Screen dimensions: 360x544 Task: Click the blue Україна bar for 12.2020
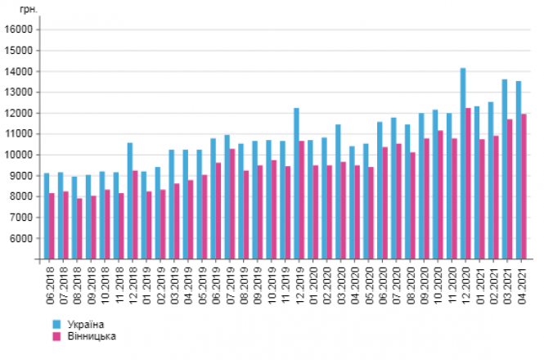463,164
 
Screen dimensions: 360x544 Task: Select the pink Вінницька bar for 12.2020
469,183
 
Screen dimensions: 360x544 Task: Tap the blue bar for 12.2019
296,183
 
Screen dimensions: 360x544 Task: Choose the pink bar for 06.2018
52,226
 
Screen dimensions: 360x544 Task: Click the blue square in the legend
56,325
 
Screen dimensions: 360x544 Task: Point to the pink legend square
56,336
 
